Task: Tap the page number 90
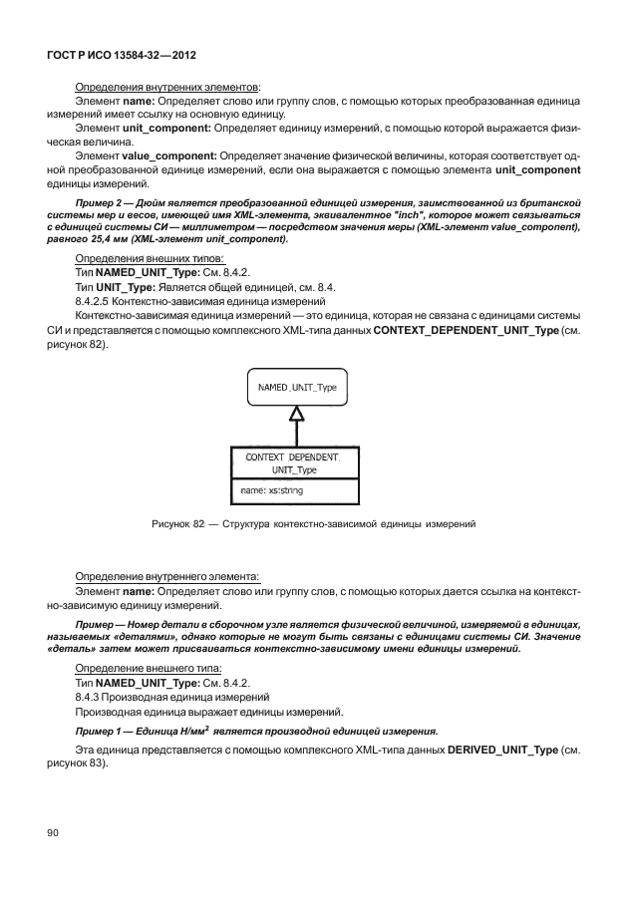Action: pyautogui.click(x=54, y=832)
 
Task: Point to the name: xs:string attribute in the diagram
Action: pyautogui.click(x=272, y=490)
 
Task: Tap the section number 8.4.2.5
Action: pyautogui.click(x=94, y=300)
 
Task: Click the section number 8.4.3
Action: pyautogui.click(x=89, y=698)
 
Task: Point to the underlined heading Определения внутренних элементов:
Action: pyautogui.click(x=167, y=88)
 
